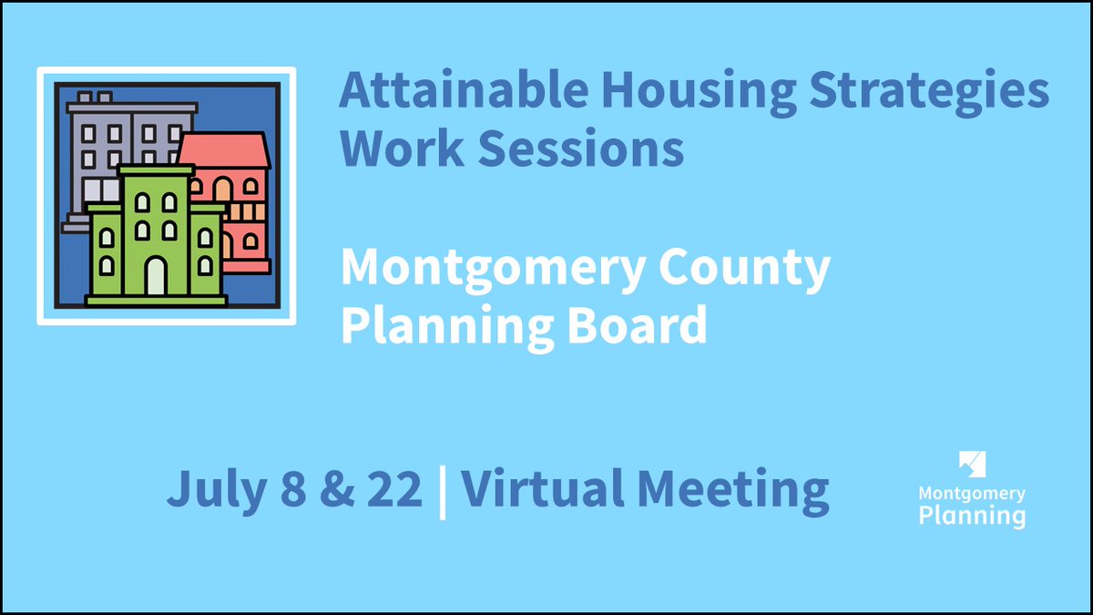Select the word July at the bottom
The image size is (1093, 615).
point(212,489)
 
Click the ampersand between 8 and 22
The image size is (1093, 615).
point(331,489)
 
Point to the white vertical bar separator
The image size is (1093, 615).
point(443,491)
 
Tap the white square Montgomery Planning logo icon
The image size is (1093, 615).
point(972,464)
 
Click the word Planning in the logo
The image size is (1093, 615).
point(972,517)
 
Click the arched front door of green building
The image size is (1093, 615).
point(156,276)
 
